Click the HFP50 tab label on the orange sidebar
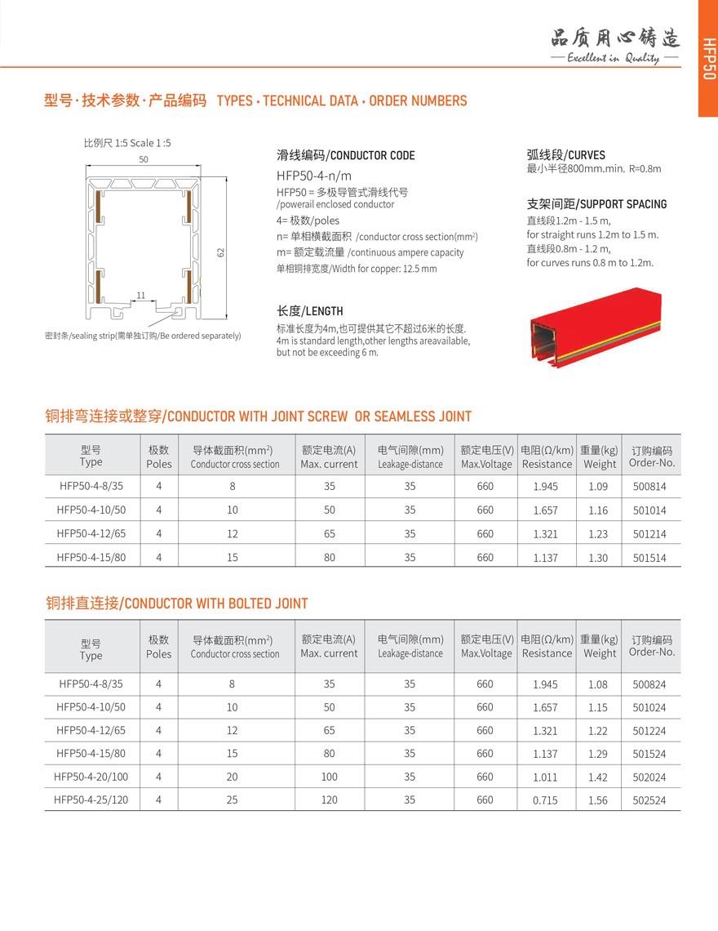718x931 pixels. coord(707,59)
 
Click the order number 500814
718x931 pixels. coord(649,487)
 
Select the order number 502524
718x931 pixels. coord(649,800)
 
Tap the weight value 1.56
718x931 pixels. coord(598,800)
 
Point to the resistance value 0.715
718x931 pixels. coord(545,800)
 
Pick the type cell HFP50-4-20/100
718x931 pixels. coord(91,777)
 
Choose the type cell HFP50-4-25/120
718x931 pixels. coord(91,800)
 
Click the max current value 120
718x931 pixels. coord(329,800)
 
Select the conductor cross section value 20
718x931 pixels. coord(233,777)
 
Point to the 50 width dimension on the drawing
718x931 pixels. coord(144,160)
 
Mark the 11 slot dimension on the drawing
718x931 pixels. coord(141,296)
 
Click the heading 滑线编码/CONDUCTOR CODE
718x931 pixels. coord(346,155)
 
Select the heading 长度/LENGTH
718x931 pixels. coord(310,311)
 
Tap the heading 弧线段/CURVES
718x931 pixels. coord(566,154)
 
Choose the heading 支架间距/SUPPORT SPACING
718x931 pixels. coord(596,204)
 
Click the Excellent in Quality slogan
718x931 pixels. coord(614,59)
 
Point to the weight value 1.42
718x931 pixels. coord(598,777)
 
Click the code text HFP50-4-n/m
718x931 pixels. coord(314,176)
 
